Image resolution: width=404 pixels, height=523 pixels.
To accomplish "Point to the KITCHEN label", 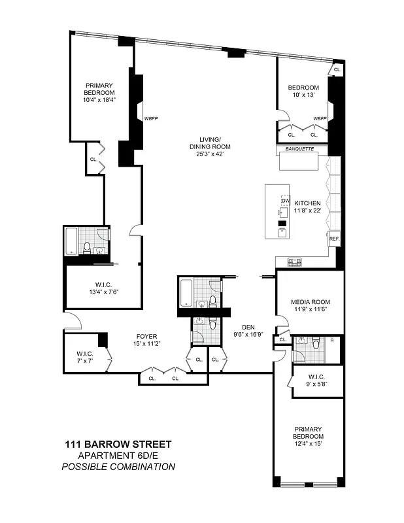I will [x=307, y=203].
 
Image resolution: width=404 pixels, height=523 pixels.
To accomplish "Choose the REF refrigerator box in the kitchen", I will [x=334, y=239].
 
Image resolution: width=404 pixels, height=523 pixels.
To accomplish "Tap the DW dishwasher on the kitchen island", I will [x=285, y=201].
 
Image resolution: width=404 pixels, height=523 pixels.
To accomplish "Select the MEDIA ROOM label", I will [x=311, y=301].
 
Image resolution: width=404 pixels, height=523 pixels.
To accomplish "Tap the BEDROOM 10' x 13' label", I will [x=303, y=88].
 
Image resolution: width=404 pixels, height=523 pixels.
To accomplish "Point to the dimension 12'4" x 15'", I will [x=308, y=445].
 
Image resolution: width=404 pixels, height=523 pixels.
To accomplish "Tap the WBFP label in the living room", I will [x=151, y=118].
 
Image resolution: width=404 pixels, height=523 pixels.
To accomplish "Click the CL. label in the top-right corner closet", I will [x=337, y=69].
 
